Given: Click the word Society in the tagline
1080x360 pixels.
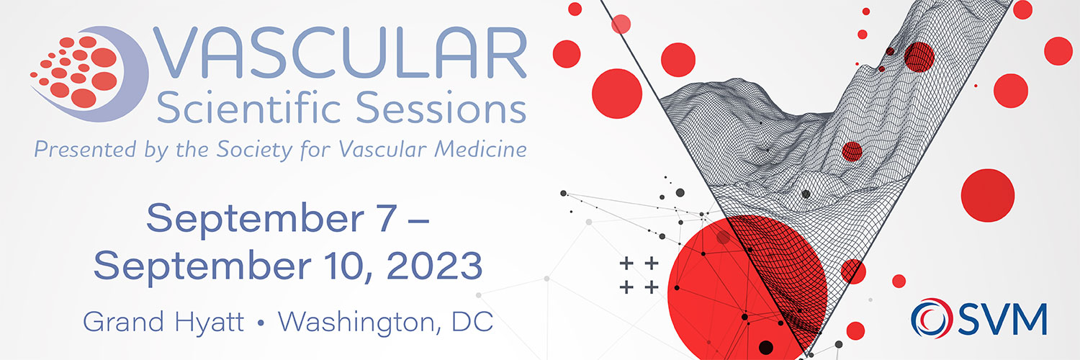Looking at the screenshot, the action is tap(254, 150).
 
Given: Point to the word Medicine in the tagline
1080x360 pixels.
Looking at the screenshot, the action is tap(480, 149).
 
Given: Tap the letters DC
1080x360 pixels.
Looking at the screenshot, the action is tap(472, 321).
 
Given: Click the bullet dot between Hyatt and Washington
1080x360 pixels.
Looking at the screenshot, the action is tap(261, 323).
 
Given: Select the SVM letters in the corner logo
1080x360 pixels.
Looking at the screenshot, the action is tap(1002, 319).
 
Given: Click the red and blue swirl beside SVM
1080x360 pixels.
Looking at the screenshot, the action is tap(932, 318).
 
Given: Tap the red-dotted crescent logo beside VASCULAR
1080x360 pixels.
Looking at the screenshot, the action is tap(89, 73).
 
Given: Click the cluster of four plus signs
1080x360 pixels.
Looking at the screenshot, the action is tap(639, 275).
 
